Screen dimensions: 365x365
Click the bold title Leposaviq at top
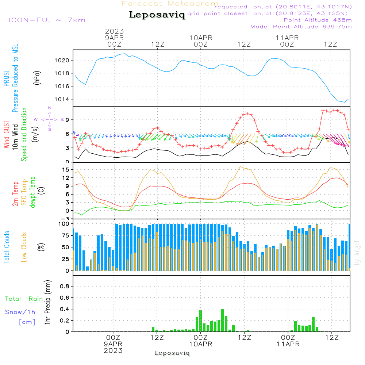[x=157, y=15]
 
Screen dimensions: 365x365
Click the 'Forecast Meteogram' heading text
[x=170, y=4]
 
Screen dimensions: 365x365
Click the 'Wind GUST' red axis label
[x=7, y=135]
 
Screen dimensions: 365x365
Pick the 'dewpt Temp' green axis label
[x=33, y=192]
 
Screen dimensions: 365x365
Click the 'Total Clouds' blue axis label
[x=7, y=247]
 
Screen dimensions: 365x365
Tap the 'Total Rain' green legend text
[x=24, y=299]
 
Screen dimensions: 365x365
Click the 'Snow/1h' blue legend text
[x=20, y=312]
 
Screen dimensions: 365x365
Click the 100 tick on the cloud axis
[x=64, y=223]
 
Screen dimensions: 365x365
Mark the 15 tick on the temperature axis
[x=66, y=170]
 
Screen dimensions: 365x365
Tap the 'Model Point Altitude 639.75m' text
[x=301, y=26]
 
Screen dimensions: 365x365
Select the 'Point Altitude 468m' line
[x=318, y=20]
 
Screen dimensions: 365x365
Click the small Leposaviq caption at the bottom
[x=172, y=353]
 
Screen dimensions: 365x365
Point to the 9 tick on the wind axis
[x=68, y=120]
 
